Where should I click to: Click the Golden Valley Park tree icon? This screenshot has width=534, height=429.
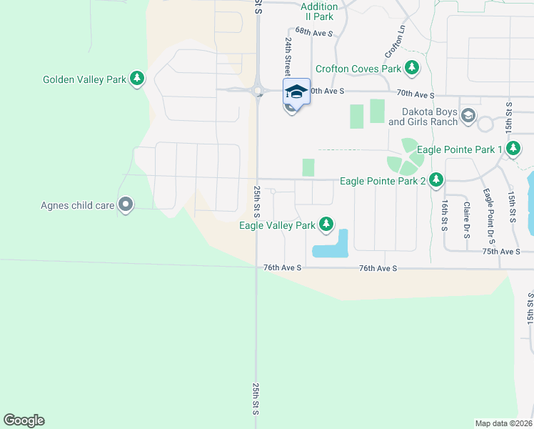click(x=137, y=79)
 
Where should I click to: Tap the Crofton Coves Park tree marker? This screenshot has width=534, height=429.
click(x=411, y=69)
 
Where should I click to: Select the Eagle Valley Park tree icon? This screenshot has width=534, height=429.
click(x=326, y=225)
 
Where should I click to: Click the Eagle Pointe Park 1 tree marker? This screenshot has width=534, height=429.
click(x=513, y=149)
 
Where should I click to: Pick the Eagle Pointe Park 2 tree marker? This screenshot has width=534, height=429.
click(x=436, y=181)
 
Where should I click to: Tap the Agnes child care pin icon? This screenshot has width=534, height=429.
click(x=126, y=205)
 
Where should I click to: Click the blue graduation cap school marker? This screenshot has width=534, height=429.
click(x=296, y=92)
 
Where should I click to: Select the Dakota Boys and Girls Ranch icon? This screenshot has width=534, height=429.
click(x=468, y=116)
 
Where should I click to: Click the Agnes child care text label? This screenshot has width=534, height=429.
click(x=78, y=206)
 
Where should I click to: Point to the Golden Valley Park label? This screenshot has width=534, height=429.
click(x=84, y=79)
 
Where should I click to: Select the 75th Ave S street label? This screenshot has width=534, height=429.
click(x=500, y=252)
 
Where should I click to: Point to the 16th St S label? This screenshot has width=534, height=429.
click(x=443, y=214)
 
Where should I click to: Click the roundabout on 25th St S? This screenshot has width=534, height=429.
click(x=257, y=91)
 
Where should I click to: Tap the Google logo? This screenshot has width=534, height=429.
click(x=24, y=420)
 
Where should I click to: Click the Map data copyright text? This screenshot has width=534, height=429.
click(x=504, y=423)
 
